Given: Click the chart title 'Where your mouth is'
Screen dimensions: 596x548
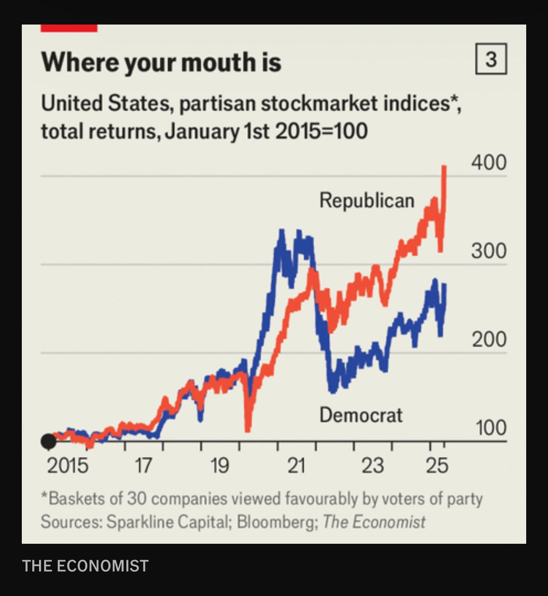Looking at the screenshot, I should click(x=161, y=62).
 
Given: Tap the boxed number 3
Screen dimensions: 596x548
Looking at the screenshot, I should click(x=491, y=59).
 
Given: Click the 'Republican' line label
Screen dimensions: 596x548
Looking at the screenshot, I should click(x=367, y=200).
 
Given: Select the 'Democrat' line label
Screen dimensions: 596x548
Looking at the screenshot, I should click(x=361, y=415).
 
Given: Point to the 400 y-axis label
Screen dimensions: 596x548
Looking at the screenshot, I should click(x=488, y=162).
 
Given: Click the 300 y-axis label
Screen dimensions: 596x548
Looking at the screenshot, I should click(x=488, y=251).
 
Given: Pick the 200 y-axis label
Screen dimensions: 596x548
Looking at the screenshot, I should click(x=488, y=339).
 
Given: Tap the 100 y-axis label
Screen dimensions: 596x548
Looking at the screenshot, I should click(x=490, y=428).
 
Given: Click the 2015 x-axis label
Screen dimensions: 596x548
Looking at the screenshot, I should click(x=68, y=466).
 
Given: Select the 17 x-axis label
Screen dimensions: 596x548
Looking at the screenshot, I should click(x=143, y=466).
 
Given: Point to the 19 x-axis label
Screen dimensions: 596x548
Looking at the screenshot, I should click(x=219, y=466).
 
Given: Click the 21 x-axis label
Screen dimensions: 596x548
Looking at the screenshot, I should click(x=296, y=466).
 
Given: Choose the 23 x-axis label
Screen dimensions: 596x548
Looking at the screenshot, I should click(x=372, y=466).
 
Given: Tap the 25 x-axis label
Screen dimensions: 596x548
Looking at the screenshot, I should click(x=437, y=466).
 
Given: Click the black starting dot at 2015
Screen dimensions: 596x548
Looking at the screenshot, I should click(x=49, y=441).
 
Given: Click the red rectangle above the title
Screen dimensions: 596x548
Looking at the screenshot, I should click(x=69, y=28).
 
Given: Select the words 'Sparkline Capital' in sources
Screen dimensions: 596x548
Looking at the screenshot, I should click(x=166, y=522).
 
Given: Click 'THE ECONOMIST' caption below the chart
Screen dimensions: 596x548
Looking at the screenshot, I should click(x=85, y=566).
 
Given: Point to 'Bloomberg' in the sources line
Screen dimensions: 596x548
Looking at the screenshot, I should click(x=275, y=522).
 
